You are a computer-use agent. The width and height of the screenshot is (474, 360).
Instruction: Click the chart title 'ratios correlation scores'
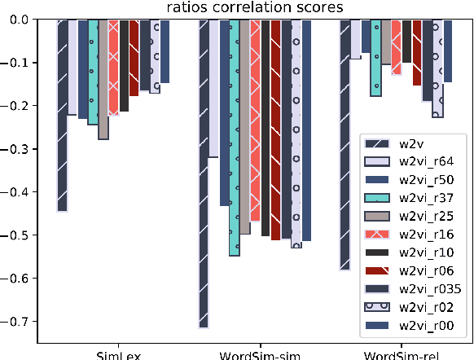click(254, 7)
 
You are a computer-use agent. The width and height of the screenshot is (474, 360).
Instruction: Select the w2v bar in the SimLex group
click(62, 115)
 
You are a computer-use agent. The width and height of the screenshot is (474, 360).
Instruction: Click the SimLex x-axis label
click(113, 354)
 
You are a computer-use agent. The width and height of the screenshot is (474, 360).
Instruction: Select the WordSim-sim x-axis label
click(254, 354)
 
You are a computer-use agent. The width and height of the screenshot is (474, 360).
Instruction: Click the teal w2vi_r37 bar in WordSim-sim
click(235, 138)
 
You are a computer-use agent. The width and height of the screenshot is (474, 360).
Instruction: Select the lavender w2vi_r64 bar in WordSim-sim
click(213, 89)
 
